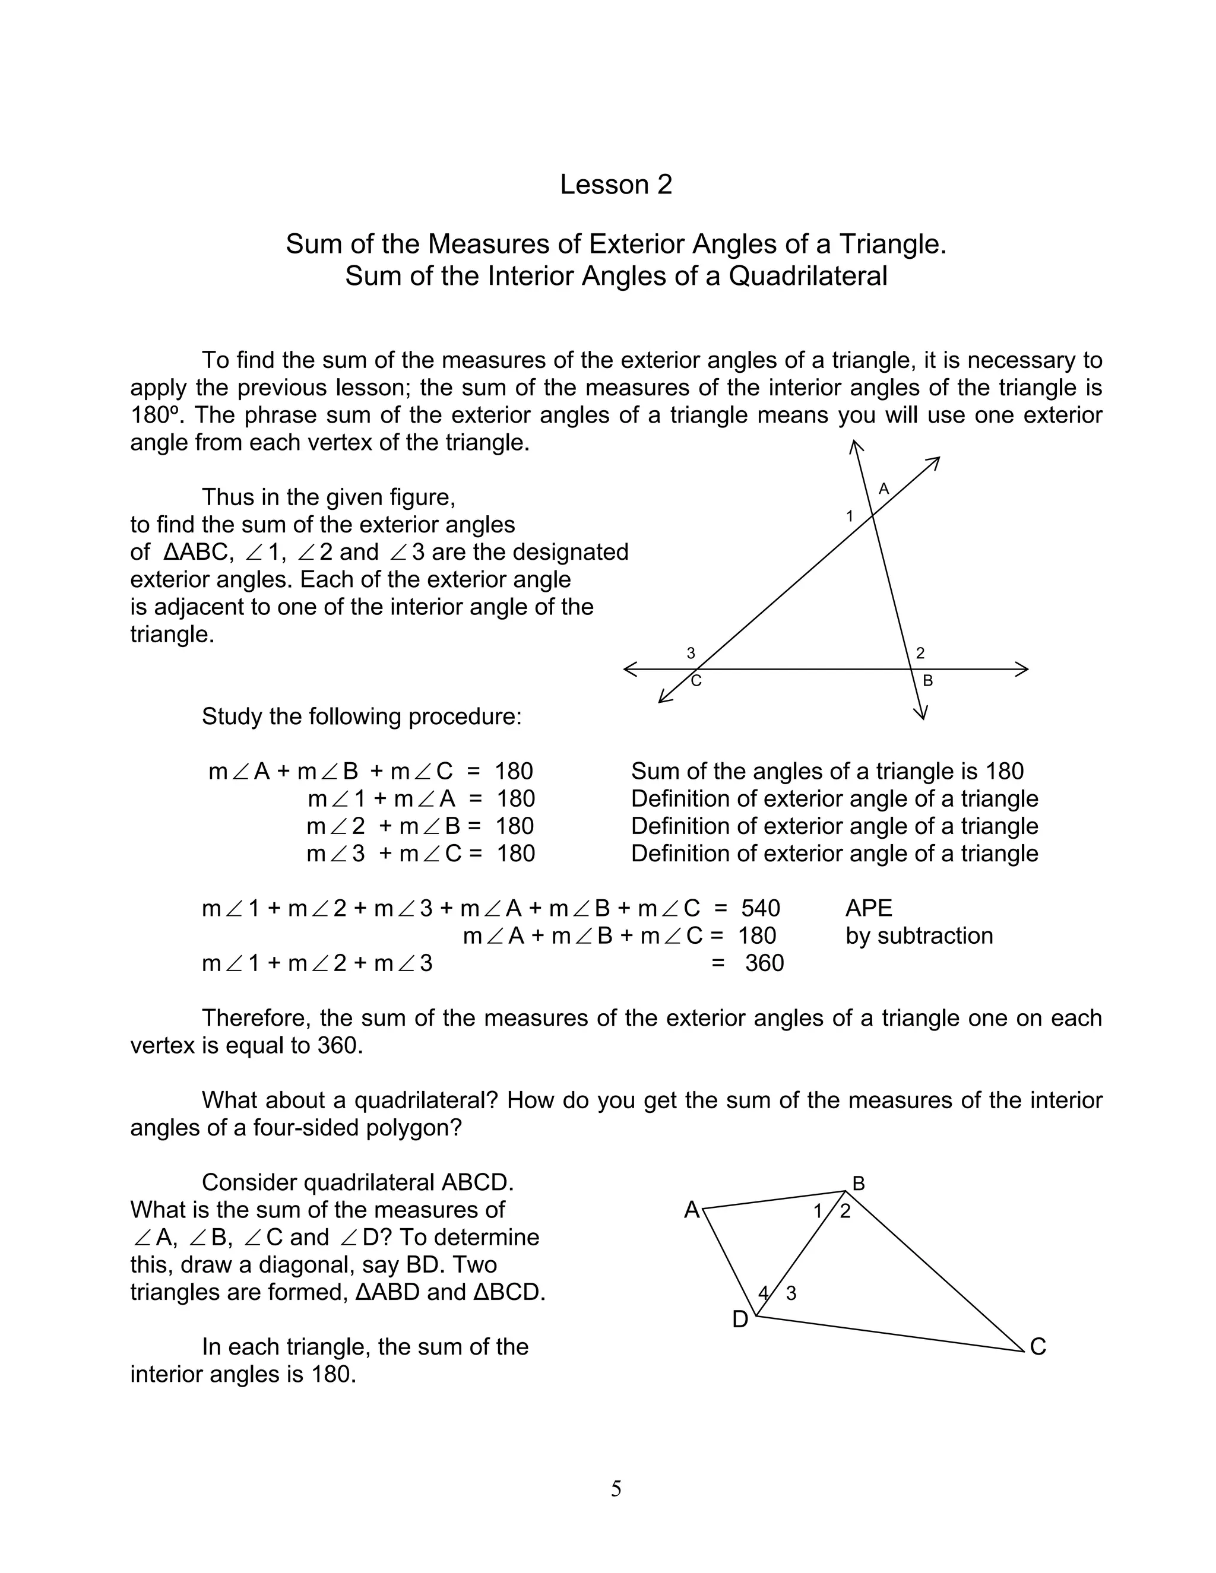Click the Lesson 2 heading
click(x=615, y=185)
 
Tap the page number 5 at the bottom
click(x=616, y=1488)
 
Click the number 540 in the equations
click(x=760, y=908)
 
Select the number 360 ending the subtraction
click(x=764, y=963)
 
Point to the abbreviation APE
click(x=869, y=908)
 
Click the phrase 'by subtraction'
click(x=919, y=935)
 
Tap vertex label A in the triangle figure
click(x=884, y=490)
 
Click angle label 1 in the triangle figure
click(x=849, y=516)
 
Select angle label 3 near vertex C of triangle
click(x=691, y=654)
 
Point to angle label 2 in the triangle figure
click(x=920, y=654)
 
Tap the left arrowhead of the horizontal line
click(x=629, y=670)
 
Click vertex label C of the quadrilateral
click(x=1037, y=1347)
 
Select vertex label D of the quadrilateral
click(x=740, y=1320)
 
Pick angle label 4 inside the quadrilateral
click(x=764, y=1293)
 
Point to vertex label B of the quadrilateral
click(x=859, y=1184)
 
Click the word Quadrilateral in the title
click(x=807, y=276)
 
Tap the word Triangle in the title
click(x=891, y=244)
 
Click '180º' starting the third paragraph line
click(x=152, y=416)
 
